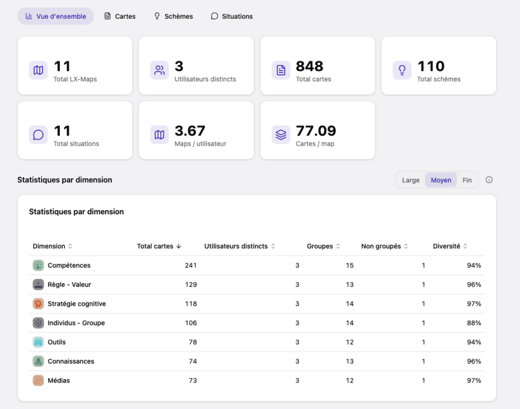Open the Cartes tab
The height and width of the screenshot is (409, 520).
[120, 16]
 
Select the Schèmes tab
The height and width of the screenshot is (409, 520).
[174, 16]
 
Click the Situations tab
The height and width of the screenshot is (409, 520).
[232, 16]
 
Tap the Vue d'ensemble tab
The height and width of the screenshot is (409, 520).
[56, 16]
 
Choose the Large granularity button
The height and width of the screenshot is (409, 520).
[410, 180]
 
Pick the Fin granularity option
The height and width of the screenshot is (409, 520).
[467, 180]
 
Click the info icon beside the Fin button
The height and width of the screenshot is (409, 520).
[489, 180]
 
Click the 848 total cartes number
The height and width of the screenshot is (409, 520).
[309, 67]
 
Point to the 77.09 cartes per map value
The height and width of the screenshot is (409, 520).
[316, 131]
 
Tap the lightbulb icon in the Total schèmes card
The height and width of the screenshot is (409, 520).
[402, 70]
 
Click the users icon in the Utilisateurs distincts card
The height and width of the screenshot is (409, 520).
[159, 70]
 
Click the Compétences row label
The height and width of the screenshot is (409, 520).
[69, 265]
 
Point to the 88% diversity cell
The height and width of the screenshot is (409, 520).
[474, 323]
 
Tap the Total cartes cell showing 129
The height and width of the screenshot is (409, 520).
[191, 285]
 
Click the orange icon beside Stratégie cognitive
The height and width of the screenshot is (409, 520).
[38, 303]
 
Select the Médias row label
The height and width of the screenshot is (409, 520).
[59, 381]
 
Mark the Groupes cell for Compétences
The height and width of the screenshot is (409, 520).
[349, 265]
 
